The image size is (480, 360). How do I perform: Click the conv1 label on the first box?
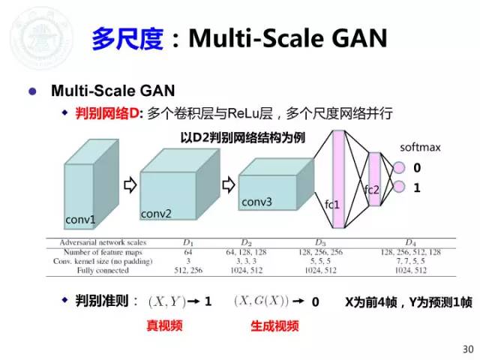[80, 220]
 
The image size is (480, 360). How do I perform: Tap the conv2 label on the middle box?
[157, 214]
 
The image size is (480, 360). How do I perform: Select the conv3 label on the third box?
[256, 202]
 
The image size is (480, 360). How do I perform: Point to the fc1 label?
[333, 204]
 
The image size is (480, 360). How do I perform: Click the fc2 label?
[372, 190]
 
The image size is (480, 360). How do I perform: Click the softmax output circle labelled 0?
[399, 168]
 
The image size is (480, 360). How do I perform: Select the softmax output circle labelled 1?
[399, 187]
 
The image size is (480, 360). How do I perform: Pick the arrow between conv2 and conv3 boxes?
[226, 181]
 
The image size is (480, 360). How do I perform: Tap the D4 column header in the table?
[410, 242]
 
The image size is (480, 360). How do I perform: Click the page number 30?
[469, 349]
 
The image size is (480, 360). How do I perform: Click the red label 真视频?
[163, 326]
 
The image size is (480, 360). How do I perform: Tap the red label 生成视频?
[274, 326]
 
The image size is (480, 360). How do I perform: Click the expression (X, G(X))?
[262, 301]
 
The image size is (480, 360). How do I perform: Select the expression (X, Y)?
[168, 301]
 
